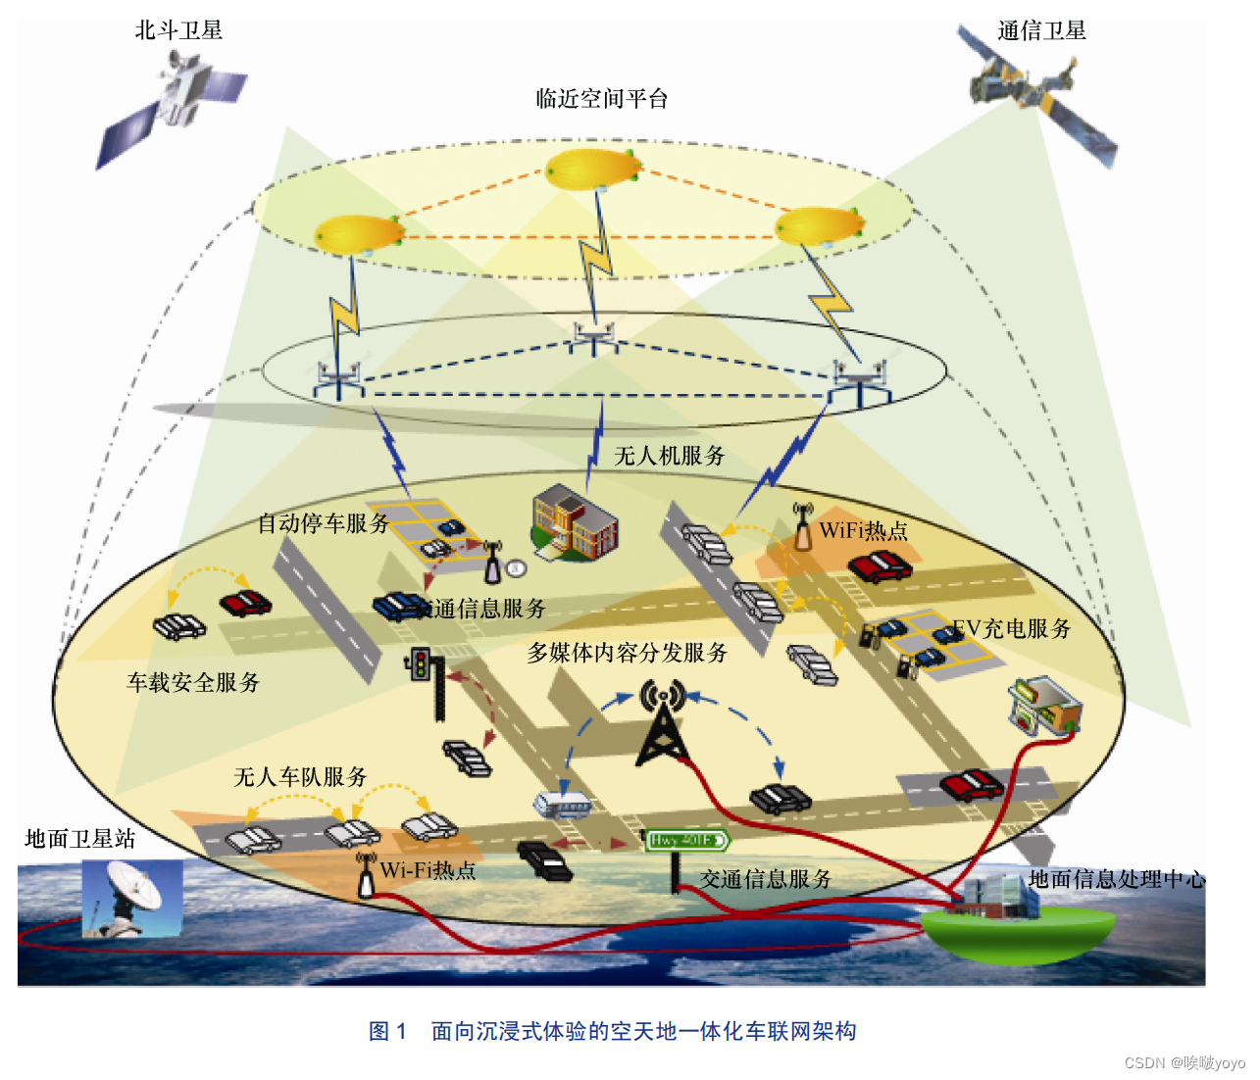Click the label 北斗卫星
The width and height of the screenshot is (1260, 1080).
(178, 30)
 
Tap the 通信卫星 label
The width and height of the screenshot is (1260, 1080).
(1041, 30)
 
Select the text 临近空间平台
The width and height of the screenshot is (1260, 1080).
(601, 98)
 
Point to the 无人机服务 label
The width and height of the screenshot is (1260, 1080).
(670, 456)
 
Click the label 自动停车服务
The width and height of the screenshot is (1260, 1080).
(324, 523)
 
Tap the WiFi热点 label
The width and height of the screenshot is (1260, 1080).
(863, 530)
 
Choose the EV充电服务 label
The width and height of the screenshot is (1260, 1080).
(1011, 628)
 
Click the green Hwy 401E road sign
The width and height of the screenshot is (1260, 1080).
(687, 840)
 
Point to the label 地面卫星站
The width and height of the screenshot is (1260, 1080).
(80, 839)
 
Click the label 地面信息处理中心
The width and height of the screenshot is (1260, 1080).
(1116, 879)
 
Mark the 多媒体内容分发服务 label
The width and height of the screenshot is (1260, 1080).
(628, 653)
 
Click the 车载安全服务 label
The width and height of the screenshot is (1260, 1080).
(193, 682)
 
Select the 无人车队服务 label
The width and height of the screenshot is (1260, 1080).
(300, 777)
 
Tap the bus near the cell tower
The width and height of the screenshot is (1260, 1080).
(562, 805)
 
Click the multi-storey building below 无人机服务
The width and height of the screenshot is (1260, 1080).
(574, 522)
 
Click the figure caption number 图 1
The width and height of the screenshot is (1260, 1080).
(387, 1031)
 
